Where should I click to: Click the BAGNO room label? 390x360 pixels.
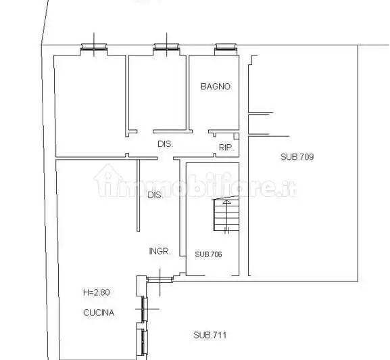point(216,87)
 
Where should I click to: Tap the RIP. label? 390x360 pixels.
point(226,148)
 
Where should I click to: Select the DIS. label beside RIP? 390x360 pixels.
point(166,144)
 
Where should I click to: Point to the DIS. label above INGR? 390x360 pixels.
point(155,195)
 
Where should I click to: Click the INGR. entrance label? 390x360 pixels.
point(160,251)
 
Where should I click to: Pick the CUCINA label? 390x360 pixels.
point(99,313)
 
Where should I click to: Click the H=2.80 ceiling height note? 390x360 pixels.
point(97,292)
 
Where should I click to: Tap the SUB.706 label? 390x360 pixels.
point(208,254)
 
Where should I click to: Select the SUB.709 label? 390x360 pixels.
point(297,157)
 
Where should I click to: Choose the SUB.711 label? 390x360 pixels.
point(210,335)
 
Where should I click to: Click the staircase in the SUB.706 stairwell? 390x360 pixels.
point(226,214)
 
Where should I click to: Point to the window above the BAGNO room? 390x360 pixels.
point(225,47)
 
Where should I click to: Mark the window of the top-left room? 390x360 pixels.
point(94,47)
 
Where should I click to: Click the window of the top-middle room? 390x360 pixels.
point(166,47)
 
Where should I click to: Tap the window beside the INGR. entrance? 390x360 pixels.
point(160,279)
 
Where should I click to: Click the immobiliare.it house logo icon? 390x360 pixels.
point(107,180)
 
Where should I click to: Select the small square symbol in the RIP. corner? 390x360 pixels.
point(237,136)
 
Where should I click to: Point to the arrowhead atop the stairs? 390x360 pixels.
point(226,202)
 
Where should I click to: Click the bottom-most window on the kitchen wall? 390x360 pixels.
point(144,342)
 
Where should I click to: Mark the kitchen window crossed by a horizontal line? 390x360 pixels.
point(144,309)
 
